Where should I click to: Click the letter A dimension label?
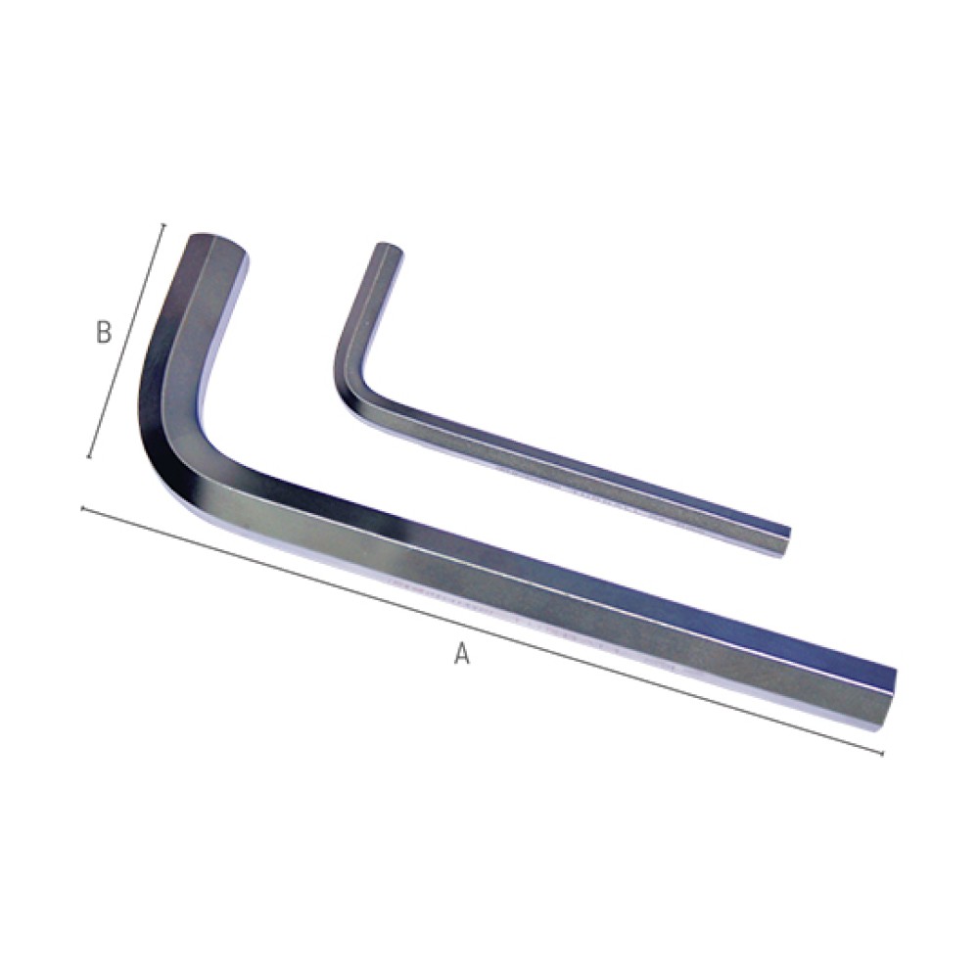pos(461,653)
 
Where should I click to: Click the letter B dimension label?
pos(104,332)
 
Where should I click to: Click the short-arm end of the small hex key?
pos(389,249)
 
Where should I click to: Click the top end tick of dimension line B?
pos(163,225)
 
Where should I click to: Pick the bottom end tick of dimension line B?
pos(90,457)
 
